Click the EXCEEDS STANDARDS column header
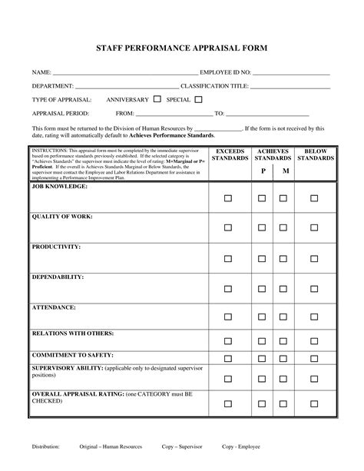[230, 154]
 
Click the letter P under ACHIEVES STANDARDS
[263, 171]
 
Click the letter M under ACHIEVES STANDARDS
[285, 171]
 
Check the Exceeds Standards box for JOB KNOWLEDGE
[228, 198]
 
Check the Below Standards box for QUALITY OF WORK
[314, 228]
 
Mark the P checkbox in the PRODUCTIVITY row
[262, 258]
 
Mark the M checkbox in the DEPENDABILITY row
[283, 289]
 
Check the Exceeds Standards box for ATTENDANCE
[228, 319]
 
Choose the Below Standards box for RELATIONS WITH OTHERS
[314, 342]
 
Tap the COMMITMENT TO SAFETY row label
[72, 355]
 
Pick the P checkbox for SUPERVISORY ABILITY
[262, 378]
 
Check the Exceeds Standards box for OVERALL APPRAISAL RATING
[228, 403]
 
